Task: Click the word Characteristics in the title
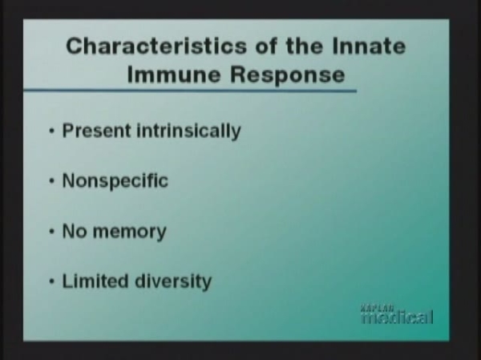[x=156, y=46]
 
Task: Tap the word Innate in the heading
[x=369, y=46]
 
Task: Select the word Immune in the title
[x=174, y=75]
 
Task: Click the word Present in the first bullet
[x=97, y=131]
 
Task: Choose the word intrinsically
[x=188, y=131]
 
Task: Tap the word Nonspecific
[x=115, y=181]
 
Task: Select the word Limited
[x=95, y=281]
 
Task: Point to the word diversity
[x=173, y=281]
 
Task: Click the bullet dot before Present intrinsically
[x=52, y=131]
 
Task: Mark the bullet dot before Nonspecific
[x=52, y=181]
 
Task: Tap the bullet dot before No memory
[x=52, y=232]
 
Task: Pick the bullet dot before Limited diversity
[x=52, y=281]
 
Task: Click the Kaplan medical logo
[x=398, y=314]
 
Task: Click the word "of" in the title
[x=266, y=46]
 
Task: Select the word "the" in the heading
[x=305, y=46]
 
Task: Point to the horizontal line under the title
[x=190, y=91]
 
